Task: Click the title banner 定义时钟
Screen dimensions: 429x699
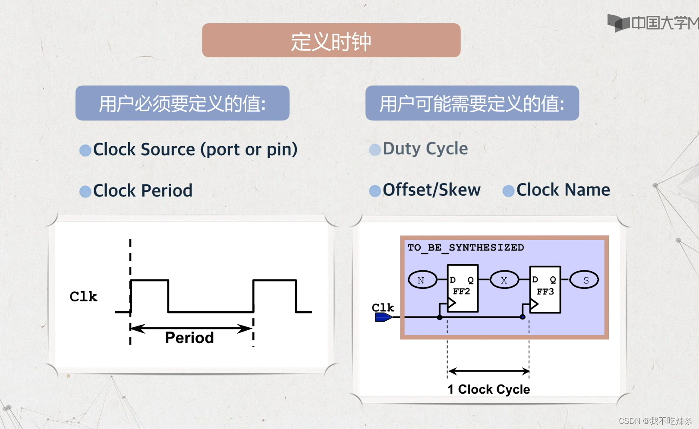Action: [x=331, y=41]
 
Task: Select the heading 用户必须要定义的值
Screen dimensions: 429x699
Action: [x=182, y=103]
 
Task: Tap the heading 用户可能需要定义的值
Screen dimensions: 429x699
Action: [x=472, y=103]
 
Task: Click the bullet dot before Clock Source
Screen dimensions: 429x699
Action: [x=85, y=150]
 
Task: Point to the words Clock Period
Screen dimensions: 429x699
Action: [x=142, y=191]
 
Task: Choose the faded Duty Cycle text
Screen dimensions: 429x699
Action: [x=425, y=149]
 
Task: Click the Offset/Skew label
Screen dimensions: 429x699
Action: [x=431, y=190]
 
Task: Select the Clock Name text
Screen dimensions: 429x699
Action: [x=563, y=190]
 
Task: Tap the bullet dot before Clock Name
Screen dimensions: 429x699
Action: [x=508, y=191]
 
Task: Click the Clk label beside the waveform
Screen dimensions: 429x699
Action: [x=83, y=297]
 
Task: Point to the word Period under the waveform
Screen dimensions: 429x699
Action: [x=189, y=338]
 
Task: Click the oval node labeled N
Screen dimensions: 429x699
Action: [x=422, y=280]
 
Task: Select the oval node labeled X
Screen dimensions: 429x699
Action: [x=504, y=280]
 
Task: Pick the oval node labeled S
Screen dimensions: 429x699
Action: [x=585, y=280]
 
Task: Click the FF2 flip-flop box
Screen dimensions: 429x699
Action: [x=463, y=288]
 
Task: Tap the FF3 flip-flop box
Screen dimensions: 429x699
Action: [x=545, y=289]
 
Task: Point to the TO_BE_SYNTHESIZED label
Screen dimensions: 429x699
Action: [x=466, y=247]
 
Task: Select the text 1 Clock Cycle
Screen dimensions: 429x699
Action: [x=488, y=389]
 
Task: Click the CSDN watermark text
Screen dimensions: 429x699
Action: [x=655, y=421]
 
